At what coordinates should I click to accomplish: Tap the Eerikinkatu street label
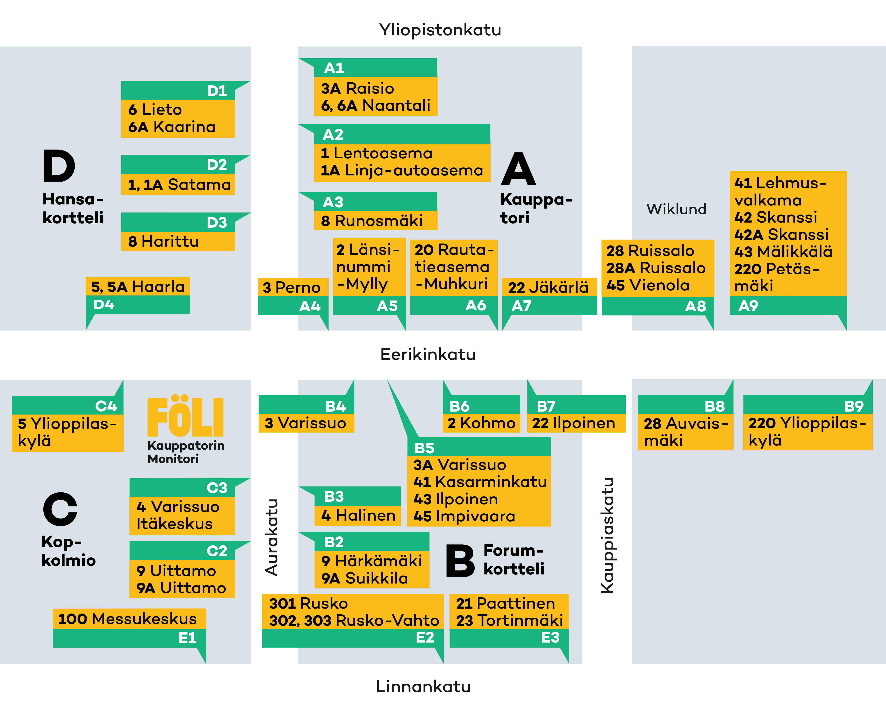tap(428, 354)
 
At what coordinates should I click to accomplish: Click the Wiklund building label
tap(676, 209)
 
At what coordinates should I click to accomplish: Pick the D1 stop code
tap(217, 91)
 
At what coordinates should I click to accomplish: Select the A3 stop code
tap(333, 202)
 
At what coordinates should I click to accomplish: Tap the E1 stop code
tap(187, 638)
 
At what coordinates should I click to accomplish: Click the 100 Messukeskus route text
tap(127, 619)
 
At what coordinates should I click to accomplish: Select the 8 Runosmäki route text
tap(372, 221)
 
